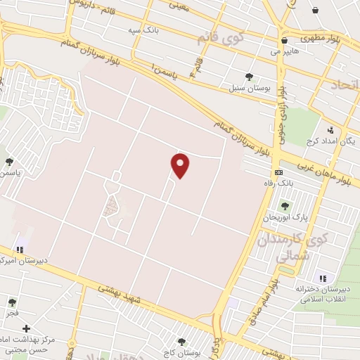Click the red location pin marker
180,165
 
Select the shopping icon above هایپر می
283,41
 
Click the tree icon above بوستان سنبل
249,77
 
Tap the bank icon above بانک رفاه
279,172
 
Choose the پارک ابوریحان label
285,217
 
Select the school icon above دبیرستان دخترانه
323,278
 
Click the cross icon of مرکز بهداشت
27,328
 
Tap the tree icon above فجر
12,302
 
